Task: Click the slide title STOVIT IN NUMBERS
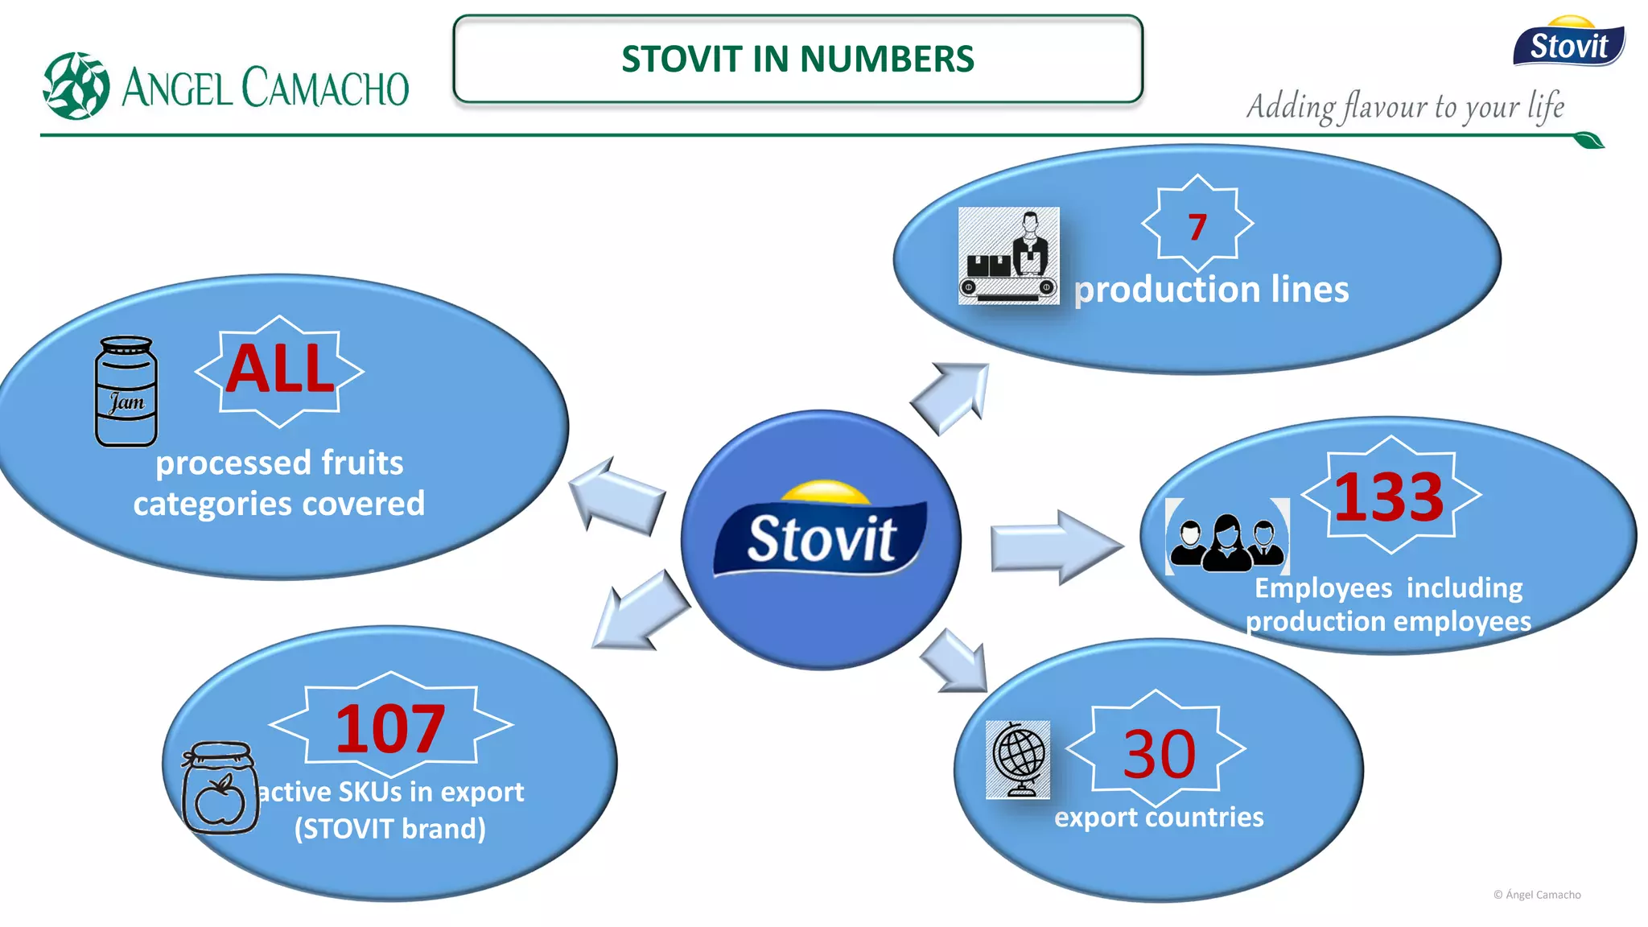tap(797, 59)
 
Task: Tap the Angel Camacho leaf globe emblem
tap(76, 86)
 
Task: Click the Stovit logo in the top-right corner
tap(1568, 42)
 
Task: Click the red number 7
tap(1197, 227)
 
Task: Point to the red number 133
tap(1390, 497)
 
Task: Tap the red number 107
tap(390, 728)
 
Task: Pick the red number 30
tap(1159, 754)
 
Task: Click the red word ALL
tap(279, 369)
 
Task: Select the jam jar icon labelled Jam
tap(126, 391)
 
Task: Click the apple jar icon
tap(220, 788)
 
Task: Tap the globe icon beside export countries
tap(1018, 759)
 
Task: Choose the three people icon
tap(1227, 537)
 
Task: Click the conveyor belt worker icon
tap(1008, 256)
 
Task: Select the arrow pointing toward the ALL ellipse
tap(616, 496)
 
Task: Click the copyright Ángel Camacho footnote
tap(1537, 895)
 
